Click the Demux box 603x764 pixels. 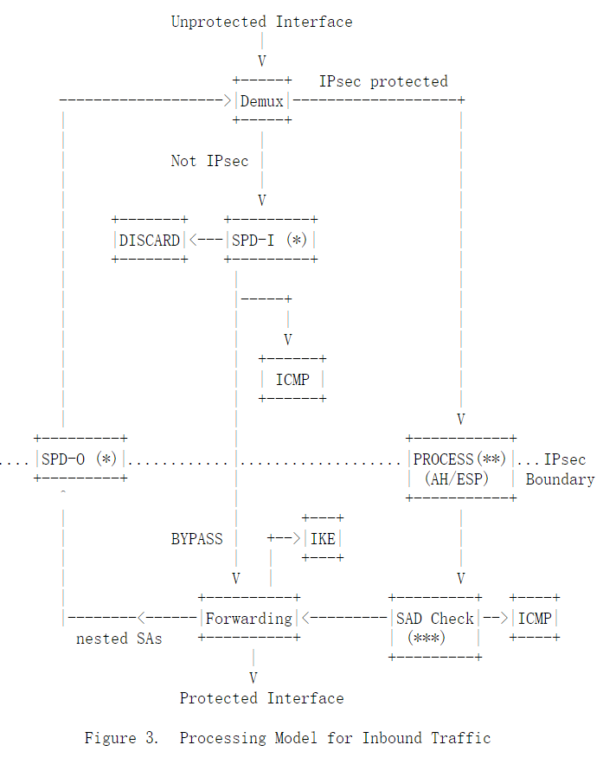tap(261, 101)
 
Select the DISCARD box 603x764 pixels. tap(150, 240)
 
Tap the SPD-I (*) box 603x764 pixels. tap(270, 240)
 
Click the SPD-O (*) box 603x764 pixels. tap(79, 459)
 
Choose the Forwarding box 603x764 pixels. tap(248, 618)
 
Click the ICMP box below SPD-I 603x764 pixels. tap(292, 379)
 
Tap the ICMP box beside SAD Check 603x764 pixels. tap(534, 618)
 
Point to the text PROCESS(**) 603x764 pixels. tap(459, 459)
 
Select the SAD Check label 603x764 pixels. tap(434, 618)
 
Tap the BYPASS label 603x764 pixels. tap(196, 538)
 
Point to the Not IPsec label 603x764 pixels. tap(209, 161)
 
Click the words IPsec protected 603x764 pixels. tap(383, 81)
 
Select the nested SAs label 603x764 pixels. tap(119, 639)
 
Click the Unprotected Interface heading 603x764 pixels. tap(261, 22)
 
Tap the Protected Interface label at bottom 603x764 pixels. tap(261, 697)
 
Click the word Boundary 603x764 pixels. tap(560, 478)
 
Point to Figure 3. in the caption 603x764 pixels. tap(121, 738)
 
